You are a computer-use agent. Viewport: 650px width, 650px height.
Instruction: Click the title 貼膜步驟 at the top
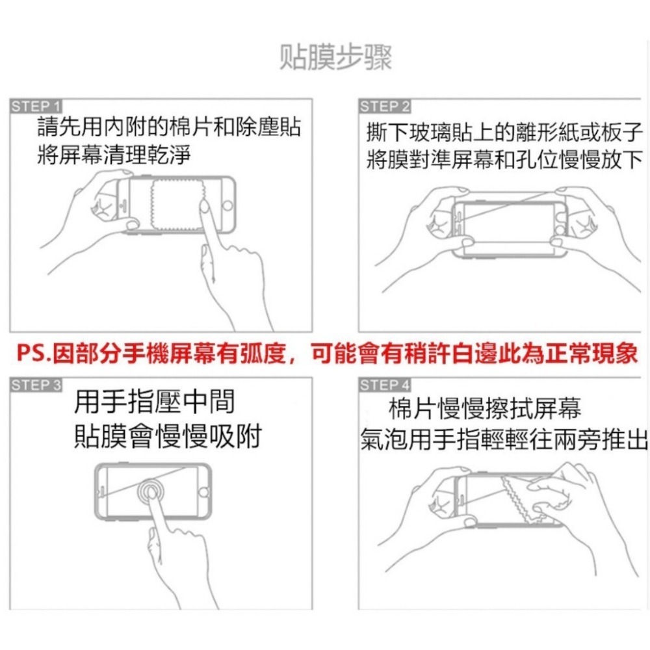coord(335,58)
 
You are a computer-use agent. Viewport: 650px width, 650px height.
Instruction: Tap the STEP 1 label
coord(36,106)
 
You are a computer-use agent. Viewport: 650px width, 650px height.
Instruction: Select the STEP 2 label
coord(385,106)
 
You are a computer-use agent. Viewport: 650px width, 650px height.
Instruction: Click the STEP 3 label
coord(36,385)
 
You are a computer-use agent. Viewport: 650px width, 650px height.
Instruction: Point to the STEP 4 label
coord(385,385)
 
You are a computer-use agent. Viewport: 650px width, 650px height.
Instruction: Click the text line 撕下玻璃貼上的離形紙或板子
coord(504,133)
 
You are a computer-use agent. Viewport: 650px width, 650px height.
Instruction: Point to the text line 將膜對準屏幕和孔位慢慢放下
coord(504,159)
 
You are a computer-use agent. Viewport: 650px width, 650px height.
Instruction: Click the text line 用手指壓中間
coord(154,403)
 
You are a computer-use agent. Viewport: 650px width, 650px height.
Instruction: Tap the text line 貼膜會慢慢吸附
coord(167,436)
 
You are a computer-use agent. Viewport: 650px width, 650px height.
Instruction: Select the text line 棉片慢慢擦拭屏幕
coord(484,409)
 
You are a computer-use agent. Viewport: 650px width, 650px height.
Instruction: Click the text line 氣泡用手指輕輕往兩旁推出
coord(504,441)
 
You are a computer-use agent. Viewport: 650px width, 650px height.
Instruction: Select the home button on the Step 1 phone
coord(227,205)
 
